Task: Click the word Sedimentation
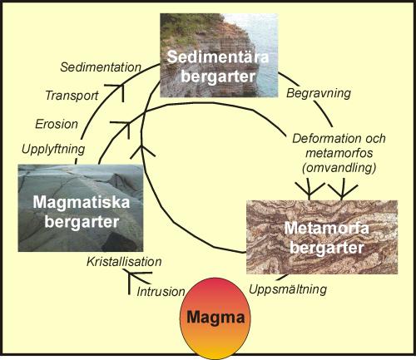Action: click(101, 67)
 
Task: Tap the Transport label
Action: click(72, 96)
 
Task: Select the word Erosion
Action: click(57, 124)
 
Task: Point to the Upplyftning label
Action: click(53, 150)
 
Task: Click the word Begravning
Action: click(319, 93)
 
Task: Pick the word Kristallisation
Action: click(124, 262)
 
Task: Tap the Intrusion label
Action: click(161, 292)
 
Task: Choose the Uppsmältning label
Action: click(288, 289)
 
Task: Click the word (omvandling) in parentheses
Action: click(339, 168)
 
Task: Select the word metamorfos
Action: click(339, 153)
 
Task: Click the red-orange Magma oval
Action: click(215, 317)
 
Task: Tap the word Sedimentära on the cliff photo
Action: click(218, 57)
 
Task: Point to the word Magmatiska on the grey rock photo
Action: click(82, 202)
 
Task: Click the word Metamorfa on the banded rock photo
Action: click(326, 228)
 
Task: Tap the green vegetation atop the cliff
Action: click(186, 27)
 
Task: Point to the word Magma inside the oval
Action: click(215, 317)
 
